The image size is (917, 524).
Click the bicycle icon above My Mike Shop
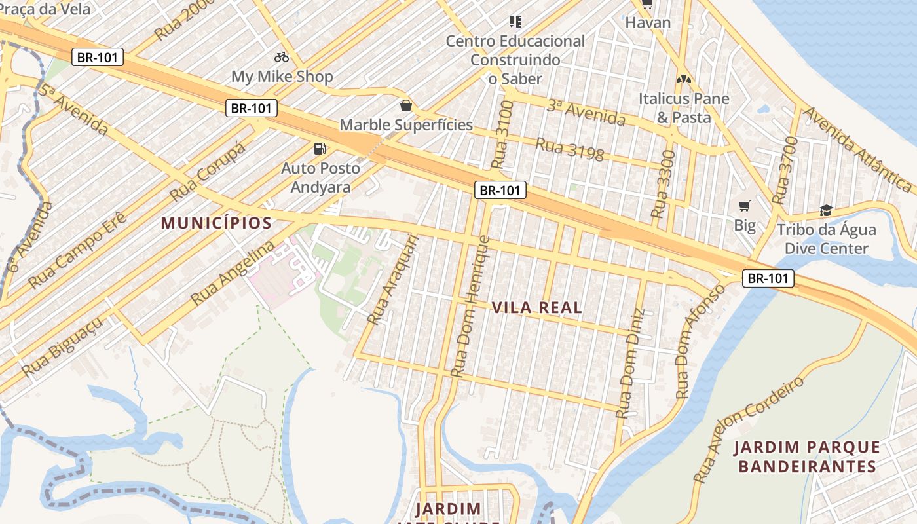tap(282, 57)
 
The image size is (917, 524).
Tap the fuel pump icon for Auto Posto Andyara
tap(320, 149)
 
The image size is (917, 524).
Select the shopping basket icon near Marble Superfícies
tap(406, 105)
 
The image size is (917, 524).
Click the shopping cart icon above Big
tap(744, 206)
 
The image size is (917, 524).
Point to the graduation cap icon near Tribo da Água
tap(826, 211)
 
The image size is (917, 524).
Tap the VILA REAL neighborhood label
tap(536, 307)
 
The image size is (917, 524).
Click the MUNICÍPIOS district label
tap(216, 223)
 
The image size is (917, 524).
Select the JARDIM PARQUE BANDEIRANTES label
tap(807, 457)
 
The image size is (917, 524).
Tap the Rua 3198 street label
tap(569, 149)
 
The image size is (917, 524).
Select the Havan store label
tap(648, 23)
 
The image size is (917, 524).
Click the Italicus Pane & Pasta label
tap(684, 108)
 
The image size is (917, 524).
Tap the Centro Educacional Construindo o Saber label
tap(515, 60)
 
